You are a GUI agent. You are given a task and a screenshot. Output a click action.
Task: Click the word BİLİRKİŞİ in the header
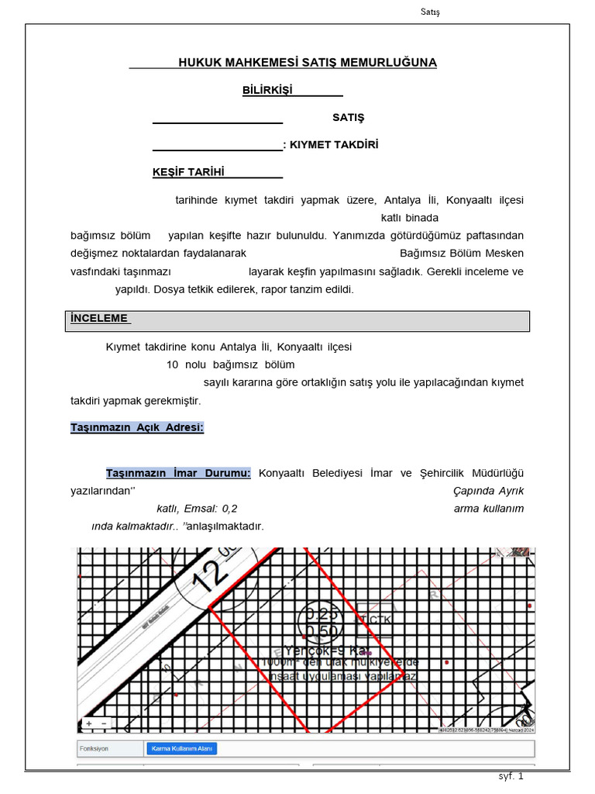[267, 90]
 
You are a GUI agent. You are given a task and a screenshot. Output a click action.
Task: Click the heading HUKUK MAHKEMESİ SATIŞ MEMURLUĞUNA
[308, 62]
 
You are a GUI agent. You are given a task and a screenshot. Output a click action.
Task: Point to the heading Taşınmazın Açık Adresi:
[137, 427]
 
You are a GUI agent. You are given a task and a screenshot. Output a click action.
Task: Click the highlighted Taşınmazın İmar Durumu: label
[178, 473]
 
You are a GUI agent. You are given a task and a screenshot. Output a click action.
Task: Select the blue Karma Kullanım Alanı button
[181, 748]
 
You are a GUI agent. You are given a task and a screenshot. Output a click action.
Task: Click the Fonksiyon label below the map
[93, 748]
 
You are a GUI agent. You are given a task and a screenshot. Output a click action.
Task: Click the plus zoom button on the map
[89, 723]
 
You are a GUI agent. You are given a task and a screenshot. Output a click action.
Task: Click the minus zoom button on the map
[104, 723]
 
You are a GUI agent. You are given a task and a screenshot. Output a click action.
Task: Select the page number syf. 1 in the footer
[511, 776]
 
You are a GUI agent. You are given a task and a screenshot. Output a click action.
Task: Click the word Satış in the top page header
[429, 12]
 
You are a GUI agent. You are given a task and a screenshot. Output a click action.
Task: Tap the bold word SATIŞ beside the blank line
[348, 118]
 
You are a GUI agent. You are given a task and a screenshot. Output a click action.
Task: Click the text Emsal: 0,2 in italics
[209, 509]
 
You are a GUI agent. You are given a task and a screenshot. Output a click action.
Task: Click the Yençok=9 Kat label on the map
[325, 650]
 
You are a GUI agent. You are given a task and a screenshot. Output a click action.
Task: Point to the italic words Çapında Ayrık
[488, 491]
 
